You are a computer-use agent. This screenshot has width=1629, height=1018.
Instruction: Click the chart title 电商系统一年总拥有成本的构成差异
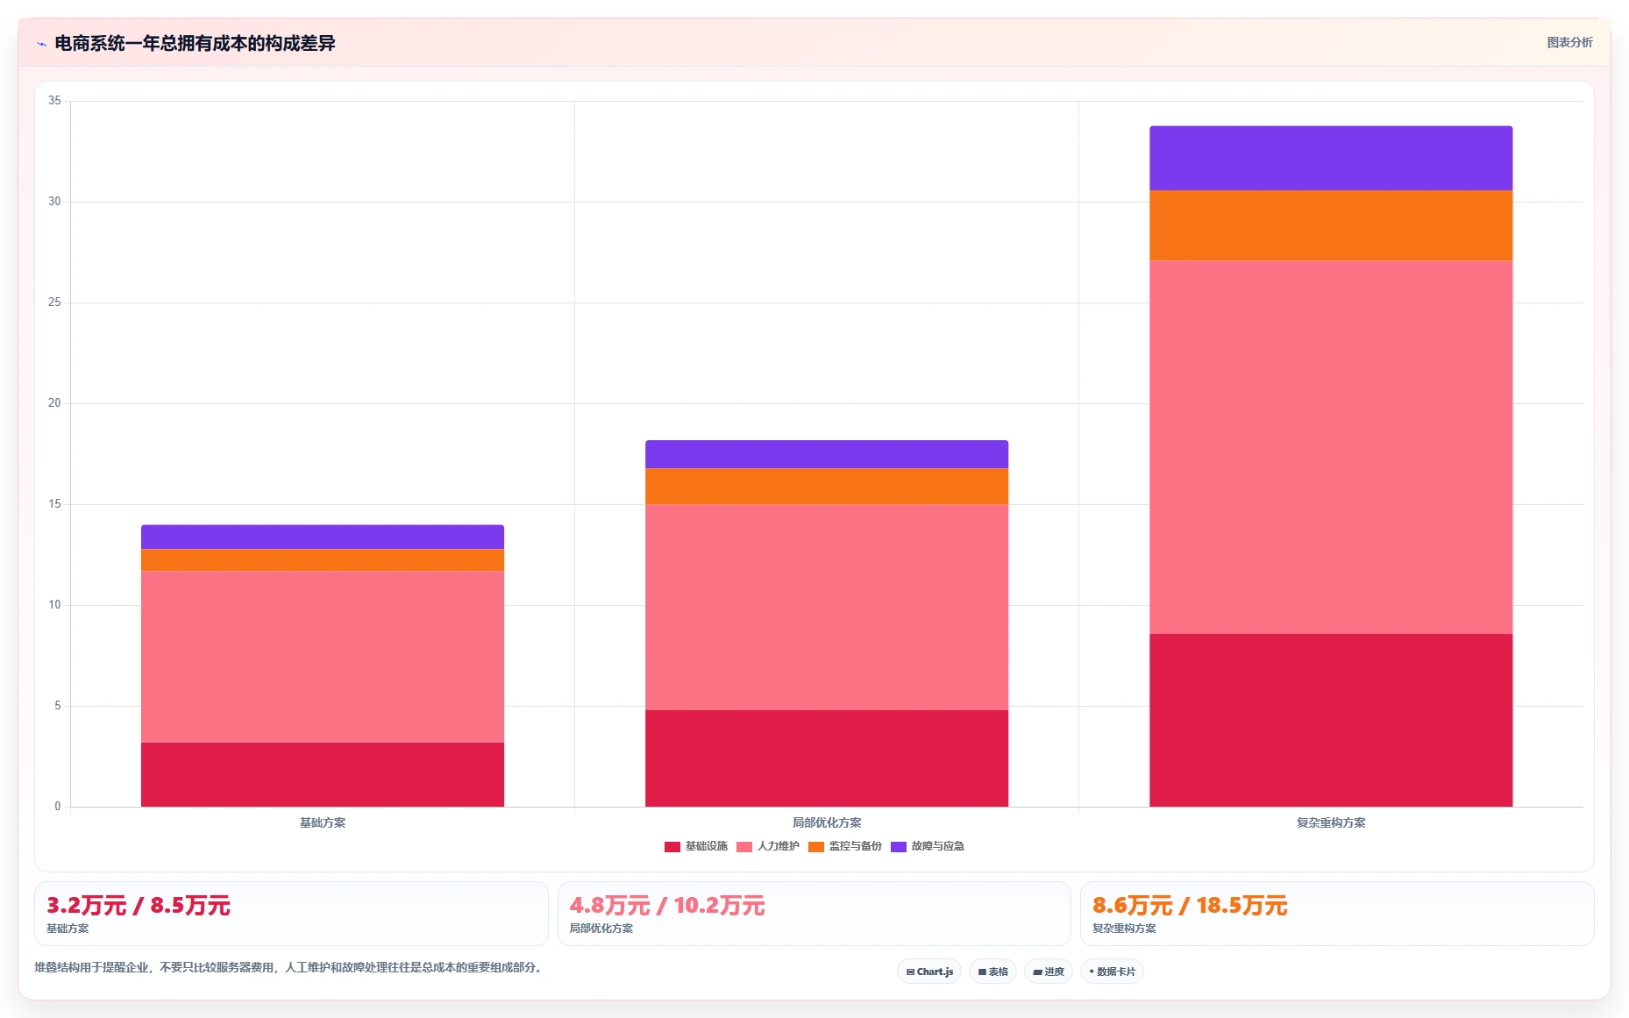click(195, 43)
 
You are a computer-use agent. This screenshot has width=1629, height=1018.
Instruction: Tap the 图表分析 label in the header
click(1569, 42)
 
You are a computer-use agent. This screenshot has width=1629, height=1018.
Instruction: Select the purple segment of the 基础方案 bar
click(323, 537)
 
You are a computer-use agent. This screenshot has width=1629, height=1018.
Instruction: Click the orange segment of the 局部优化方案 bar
click(827, 486)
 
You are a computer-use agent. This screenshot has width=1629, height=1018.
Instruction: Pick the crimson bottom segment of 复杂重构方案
click(1331, 720)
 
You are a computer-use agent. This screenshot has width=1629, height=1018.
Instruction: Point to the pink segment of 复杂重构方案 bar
click(1331, 447)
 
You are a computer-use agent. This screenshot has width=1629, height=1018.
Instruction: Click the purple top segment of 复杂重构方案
click(1331, 158)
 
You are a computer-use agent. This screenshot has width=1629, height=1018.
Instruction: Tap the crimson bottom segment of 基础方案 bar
click(323, 774)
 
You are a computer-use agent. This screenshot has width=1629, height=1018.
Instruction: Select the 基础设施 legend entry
click(696, 846)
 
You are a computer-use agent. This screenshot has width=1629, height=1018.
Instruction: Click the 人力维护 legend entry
click(768, 846)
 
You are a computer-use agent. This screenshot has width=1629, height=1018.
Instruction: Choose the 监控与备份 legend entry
click(845, 846)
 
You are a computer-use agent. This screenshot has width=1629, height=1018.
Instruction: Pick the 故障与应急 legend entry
click(928, 846)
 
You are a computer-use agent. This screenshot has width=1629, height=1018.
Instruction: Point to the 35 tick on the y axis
click(54, 101)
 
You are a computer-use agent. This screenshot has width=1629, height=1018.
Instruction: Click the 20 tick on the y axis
click(54, 403)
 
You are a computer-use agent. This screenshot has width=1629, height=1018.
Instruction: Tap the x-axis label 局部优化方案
click(827, 822)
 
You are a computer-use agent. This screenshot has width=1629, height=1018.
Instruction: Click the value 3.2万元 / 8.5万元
click(139, 905)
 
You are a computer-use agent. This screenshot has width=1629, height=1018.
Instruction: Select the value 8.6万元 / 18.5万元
click(1190, 905)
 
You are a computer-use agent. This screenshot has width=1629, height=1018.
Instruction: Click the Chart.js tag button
click(929, 972)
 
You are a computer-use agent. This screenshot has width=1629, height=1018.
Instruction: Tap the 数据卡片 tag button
click(1112, 972)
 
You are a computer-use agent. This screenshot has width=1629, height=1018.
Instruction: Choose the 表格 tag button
click(992, 972)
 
